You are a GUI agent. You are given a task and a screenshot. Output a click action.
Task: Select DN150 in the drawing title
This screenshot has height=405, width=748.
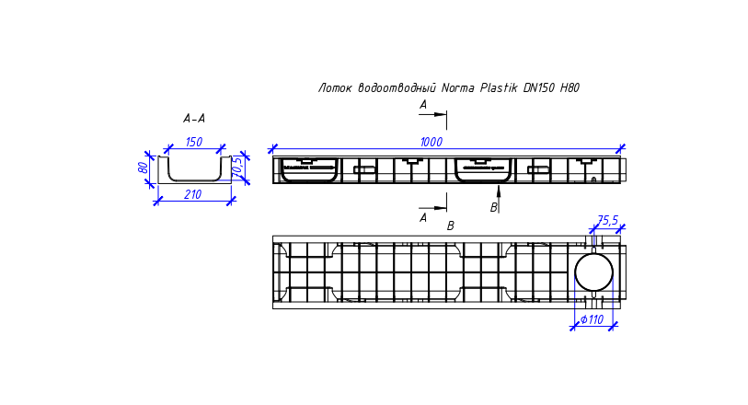pyautogui.click(x=539, y=87)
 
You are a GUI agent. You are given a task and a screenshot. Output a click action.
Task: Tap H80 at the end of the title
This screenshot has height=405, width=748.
pyautogui.click(x=570, y=87)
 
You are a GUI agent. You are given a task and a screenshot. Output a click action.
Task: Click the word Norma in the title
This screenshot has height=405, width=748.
pyautogui.click(x=458, y=87)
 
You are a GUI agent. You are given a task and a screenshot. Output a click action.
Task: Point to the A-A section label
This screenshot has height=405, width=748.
pyautogui.click(x=194, y=119)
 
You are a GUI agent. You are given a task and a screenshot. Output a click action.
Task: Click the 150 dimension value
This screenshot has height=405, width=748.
pyautogui.click(x=194, y=142)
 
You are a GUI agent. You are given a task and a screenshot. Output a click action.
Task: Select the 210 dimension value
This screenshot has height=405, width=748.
pyautogui.click(x=192, y=194)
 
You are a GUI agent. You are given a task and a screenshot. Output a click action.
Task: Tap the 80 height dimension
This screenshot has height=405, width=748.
pyautogui.click(x=143, y=168)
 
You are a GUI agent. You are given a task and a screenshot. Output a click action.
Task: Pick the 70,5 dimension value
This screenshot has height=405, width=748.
pyautogui.click(x=237, y=166)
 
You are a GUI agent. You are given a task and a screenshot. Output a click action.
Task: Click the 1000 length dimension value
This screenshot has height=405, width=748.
pyautogui.click(x=432, y=142)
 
